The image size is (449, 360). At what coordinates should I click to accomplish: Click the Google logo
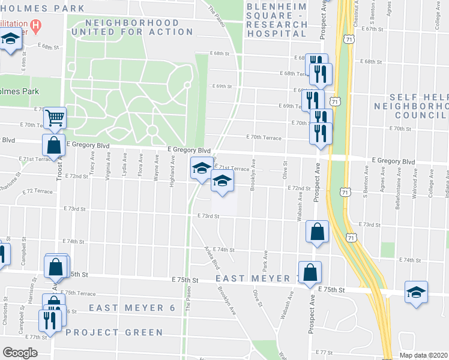pyautogui.click(x=20, y=353)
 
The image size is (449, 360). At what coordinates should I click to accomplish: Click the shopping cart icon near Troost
pyautogui.click(x=55, y=118)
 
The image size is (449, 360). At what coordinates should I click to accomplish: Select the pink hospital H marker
pyautogui.click(x=35, y=26)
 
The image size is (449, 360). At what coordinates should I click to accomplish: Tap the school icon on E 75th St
pyautogui.click(x=416, y=293)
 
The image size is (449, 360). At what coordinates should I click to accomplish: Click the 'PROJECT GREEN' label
pyautogui.click(x=114, y=332)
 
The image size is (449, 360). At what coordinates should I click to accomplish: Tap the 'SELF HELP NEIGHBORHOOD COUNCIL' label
pyautogui.click(x=418, y=106)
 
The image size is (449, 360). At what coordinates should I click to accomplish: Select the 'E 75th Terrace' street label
pyautogui.click(x=78, y=293)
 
